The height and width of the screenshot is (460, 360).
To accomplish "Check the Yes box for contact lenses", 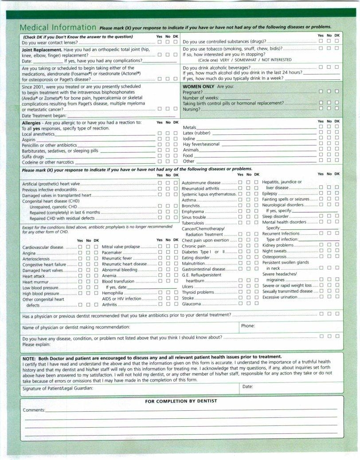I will (x=160, y=42).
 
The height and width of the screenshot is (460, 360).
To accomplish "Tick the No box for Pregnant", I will (x=329, y=91).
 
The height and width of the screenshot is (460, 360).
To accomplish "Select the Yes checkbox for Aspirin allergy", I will (x=160, y=139).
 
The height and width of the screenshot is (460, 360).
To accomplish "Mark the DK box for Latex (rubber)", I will (x=337, y=133).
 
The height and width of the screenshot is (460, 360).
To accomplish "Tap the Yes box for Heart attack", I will (x=80, y=276).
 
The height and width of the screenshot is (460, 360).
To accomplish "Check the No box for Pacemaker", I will (x=168, y=252).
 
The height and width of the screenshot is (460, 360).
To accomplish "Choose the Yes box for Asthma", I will (x=240, y=200).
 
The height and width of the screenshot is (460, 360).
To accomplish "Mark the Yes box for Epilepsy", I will (x=321, y=194).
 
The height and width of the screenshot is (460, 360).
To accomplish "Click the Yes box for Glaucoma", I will (x=240, y=304).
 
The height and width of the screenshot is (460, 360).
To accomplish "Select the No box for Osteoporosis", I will (x=329, y=256).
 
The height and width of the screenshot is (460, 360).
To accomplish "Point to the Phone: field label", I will (x=248, y=326).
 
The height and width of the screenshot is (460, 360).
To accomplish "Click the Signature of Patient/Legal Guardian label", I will (x=58, y=388).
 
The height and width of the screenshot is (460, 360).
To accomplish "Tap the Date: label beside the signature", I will (x=248, y=386).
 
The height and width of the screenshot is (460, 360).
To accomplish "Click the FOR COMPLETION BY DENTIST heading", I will (x=181, y=401).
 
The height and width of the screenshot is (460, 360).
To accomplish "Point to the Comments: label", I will (x=34, y=410).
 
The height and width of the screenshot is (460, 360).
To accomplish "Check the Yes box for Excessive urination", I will (x=321, y=297).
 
